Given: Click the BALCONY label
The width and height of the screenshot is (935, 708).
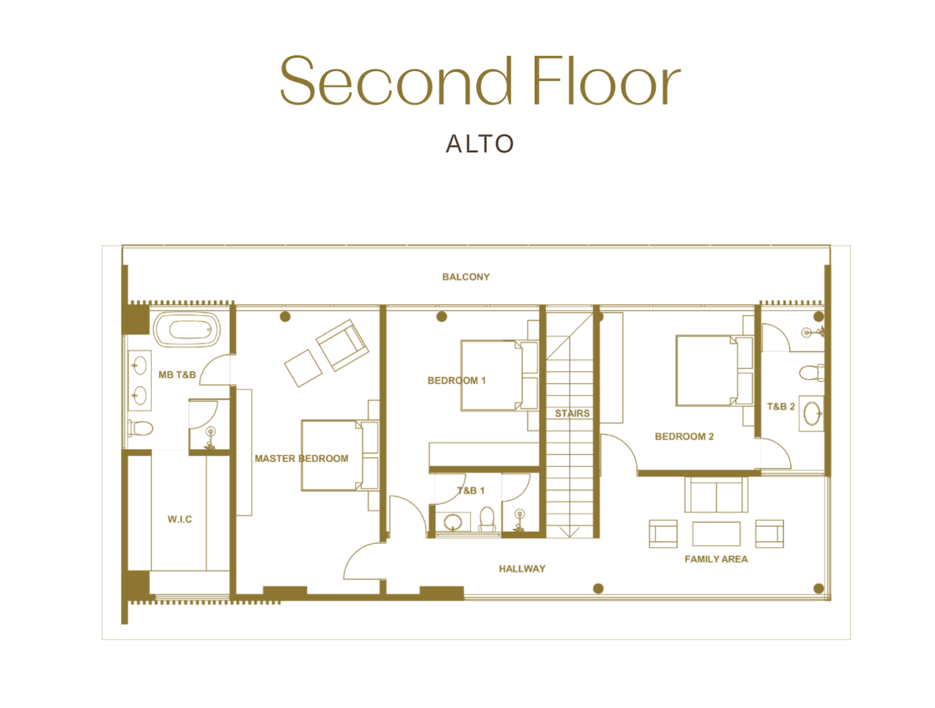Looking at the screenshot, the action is click(465, 277).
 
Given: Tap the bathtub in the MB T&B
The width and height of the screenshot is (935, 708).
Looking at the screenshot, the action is click(187, 329).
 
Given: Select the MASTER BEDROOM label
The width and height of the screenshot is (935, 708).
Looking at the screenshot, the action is click(301, 458).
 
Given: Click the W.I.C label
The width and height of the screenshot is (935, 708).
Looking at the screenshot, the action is click(179, 519).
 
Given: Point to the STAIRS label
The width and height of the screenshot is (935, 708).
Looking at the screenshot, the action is click(572, 413).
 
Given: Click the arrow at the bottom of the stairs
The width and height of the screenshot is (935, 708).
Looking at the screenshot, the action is click(570, 532).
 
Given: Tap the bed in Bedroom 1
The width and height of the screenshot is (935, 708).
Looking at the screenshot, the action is click(499, 375).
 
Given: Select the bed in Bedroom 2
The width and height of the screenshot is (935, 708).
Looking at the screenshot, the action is click(714, 371).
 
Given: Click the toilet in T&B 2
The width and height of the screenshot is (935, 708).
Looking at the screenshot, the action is click(812, 373).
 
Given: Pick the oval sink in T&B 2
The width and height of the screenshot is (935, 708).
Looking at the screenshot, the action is click(812, 414).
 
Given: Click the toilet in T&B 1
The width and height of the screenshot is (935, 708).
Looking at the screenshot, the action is click(487, 519).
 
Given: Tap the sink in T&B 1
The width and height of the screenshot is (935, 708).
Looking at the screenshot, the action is click(453, 522).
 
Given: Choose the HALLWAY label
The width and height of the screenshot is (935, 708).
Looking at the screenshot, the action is click(522, 569).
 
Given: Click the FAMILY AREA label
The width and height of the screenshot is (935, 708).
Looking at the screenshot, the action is click(716, 559).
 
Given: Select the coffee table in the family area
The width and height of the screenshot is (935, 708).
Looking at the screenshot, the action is click(716, 534).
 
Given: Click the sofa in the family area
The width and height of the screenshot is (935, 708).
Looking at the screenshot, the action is click(716, 494).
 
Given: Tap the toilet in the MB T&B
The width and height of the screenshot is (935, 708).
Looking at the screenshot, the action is click(140, 428).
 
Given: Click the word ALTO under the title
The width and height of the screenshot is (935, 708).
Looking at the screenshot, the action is click(479, 144).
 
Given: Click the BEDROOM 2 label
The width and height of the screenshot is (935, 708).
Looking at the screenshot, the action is click(684, 436).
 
